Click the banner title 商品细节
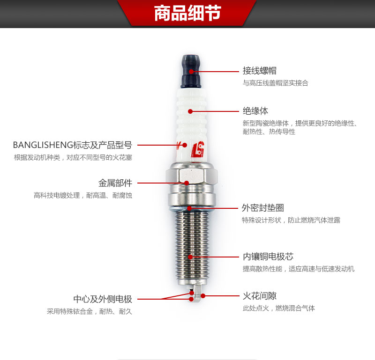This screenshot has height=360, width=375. click(x=187, y=13)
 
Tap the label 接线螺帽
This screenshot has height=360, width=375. click(x=260, y=71)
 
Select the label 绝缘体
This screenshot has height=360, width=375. click(x=255, y=111)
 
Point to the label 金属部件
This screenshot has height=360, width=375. click(x=115, y=183)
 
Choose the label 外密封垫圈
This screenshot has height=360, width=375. click(x=263, y=208)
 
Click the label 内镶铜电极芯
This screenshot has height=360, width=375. click(x=268, y=257)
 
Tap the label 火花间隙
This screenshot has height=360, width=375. click(x=260, y=296)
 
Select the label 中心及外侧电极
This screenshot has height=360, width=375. click(x=103, y=299)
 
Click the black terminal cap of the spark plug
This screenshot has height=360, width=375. click(x=191, y=71)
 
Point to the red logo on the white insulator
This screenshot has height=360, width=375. click(x=197, y=149)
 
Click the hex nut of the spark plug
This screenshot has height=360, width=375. click(x=191, y=177)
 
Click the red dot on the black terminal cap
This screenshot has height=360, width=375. click(x=191, y=72)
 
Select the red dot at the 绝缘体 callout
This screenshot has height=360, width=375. click(x=190, y=111)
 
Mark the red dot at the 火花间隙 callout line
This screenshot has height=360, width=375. click(x=203, y=296)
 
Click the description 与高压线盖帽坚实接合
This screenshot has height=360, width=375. click(x=276, y=83)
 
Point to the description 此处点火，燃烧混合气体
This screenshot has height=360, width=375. click(x=279, y=308)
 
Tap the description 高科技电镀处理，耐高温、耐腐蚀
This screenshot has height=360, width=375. click(x=83, y=195)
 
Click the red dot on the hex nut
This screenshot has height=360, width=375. click(x=187, y=183)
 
